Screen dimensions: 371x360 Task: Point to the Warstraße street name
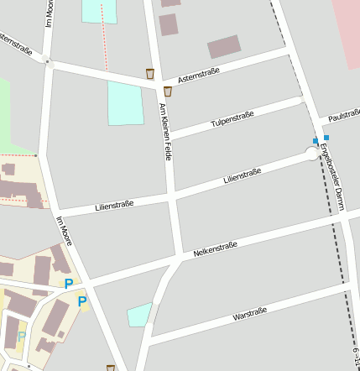coord(249,315)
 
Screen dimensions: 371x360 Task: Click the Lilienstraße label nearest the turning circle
coord(243,176)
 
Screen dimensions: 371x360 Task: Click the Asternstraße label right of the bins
coord(199,76)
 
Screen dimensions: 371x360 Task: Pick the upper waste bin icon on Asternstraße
coord(150,73)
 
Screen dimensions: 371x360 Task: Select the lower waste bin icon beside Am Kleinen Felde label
coord(168,91)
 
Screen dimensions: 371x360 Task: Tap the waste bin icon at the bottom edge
coord(111,368)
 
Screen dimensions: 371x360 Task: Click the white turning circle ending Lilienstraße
coord(311,153)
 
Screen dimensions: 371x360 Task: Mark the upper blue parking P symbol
coord(69,284)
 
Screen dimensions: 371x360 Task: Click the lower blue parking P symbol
coord(82,301)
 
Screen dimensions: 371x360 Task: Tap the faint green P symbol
coord(22,336)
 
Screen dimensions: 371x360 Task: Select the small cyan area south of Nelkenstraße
coord(139,316)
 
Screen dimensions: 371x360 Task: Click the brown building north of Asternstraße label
coord(224,46)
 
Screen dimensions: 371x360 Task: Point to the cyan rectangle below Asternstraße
coord(125,103)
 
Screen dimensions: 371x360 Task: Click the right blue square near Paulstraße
coord(326,136)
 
